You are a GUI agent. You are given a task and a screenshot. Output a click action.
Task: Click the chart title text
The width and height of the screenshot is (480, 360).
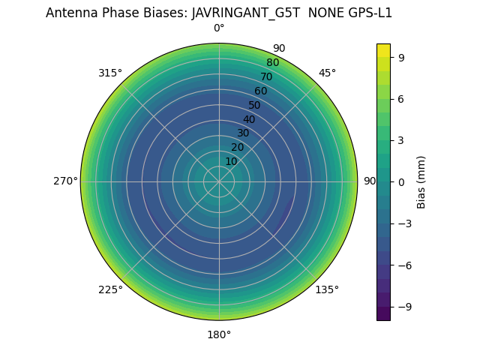[219, 13]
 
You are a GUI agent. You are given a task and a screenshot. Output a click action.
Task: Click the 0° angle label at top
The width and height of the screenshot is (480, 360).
[219, 28]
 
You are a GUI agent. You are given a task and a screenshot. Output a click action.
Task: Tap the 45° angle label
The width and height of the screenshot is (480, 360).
[327, 73]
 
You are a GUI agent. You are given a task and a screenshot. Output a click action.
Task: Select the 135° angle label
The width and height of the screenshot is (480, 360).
[327, 289]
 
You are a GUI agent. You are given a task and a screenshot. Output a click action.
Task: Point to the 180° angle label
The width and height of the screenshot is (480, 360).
[219, 334]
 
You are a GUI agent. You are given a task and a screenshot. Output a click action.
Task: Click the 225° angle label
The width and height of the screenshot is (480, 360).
[110, 289]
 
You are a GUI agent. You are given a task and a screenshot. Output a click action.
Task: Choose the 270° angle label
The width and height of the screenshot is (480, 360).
[65, 181]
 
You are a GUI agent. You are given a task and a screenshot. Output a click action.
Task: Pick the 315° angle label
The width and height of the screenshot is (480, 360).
[110, 73]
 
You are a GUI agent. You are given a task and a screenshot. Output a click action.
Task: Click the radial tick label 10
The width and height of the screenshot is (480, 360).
[231, 161]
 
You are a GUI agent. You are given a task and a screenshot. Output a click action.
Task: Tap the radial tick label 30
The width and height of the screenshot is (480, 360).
[243, 133]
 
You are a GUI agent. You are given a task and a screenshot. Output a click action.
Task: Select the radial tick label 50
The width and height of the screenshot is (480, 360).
[255, 105]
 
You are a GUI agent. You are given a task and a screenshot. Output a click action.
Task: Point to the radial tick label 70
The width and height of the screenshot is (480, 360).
[266, 76]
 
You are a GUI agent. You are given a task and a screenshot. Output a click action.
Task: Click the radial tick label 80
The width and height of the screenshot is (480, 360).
[272, 62]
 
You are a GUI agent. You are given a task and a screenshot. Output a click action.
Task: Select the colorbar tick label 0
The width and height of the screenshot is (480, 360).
[401, 181]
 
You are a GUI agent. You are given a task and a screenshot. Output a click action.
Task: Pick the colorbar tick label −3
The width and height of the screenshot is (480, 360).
[403, 223]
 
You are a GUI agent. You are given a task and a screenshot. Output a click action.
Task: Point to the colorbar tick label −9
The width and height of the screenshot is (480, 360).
[403, 307]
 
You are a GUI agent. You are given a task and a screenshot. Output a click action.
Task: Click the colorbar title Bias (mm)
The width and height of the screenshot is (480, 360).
[421, 181]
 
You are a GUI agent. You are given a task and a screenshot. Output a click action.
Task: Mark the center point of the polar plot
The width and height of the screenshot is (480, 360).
[219, 181]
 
